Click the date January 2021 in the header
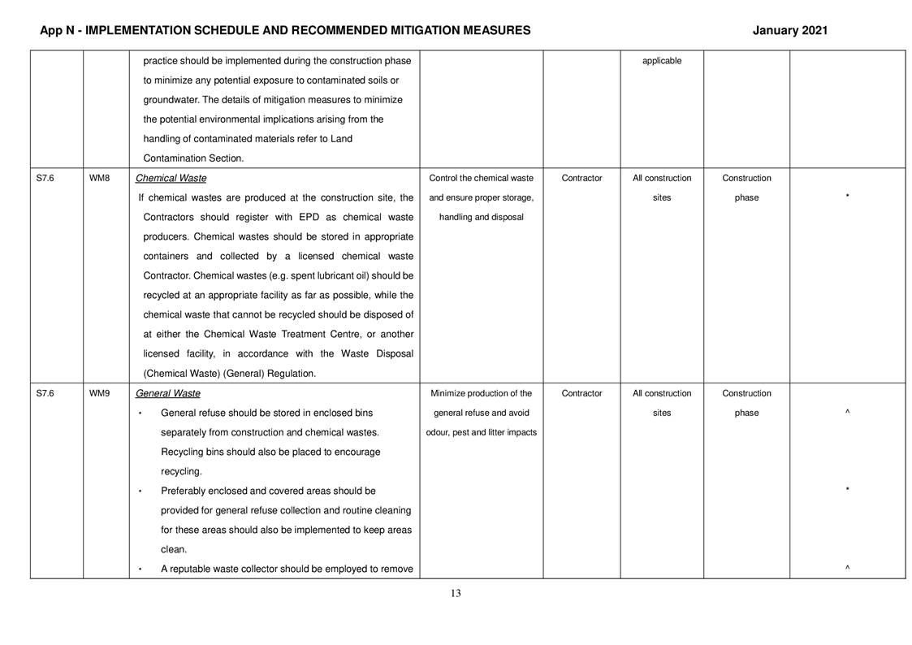tap(789, 31)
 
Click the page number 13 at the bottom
tap(456, 594)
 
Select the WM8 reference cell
tap(99, 179)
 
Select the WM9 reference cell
tap(99, 394)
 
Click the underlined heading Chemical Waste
tap(171, 179)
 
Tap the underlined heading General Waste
tap(167, 394)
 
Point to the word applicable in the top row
tap(661, 61)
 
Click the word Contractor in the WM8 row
tap(581, 179)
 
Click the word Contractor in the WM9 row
tap(581, 394)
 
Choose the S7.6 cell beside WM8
tap(45, 179)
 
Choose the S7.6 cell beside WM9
tap(45, 394)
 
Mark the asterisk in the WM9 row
tap(847, 491)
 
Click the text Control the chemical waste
tap(481, 179)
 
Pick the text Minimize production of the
tap(481, 394)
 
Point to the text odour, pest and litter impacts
tap(481, 433)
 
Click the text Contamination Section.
tap(193, 159)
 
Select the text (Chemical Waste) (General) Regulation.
tap(229, 374)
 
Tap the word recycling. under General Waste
tap(181, 472)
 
